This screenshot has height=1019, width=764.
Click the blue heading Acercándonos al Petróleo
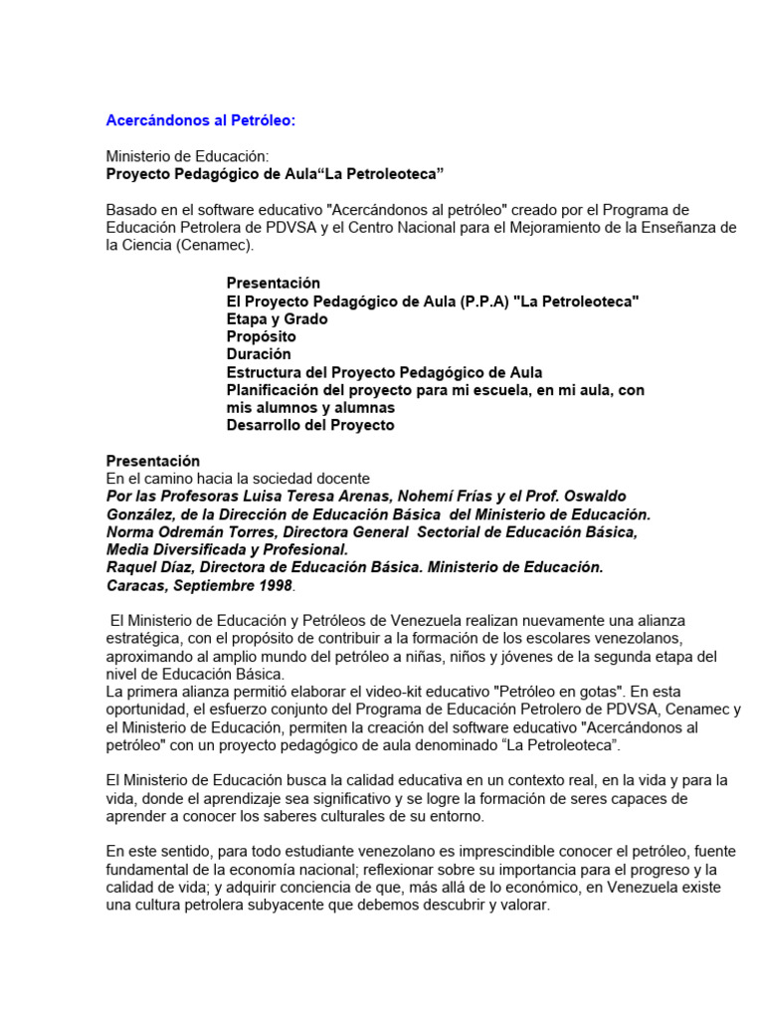click(x=201, y=120)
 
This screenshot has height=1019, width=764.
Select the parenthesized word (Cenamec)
click(x=217, y=245)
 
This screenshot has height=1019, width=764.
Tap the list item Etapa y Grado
click(x=277, y=319)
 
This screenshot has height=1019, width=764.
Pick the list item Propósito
click(x=262, y=337)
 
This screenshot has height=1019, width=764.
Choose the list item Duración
click(x=259, y=354)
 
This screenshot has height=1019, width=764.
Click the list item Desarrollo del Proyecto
click(x=310, y=425)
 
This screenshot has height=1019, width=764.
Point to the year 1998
click(x=273, y=585)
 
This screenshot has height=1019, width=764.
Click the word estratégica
click(x=142, y=637)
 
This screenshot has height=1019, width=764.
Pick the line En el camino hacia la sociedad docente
click(x=238, y=479)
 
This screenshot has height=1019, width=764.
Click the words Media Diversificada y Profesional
click(x=227, y=549)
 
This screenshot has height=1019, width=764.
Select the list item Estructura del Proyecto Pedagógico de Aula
click(x=384, y=372)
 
